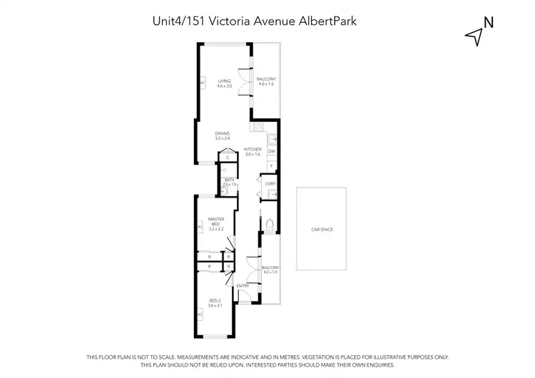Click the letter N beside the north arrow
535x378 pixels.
pos(489,22)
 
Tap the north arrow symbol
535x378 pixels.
pos(473,36)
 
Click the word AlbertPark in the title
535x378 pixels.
pos(339,21)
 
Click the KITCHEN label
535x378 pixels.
pos(253,149)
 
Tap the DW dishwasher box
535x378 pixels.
pos(272,151)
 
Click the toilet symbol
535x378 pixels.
pos(268,227)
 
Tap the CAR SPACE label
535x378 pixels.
pos(322,230)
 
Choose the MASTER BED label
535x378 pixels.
pos(215,222)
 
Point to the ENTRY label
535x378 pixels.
pos(243,286)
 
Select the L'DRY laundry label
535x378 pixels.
pos(270,184)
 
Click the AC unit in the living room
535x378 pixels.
pos(203,83)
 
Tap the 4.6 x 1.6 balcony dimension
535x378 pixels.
pos(266,85)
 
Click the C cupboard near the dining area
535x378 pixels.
pos(228,158)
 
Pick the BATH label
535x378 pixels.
pos(229,180)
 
